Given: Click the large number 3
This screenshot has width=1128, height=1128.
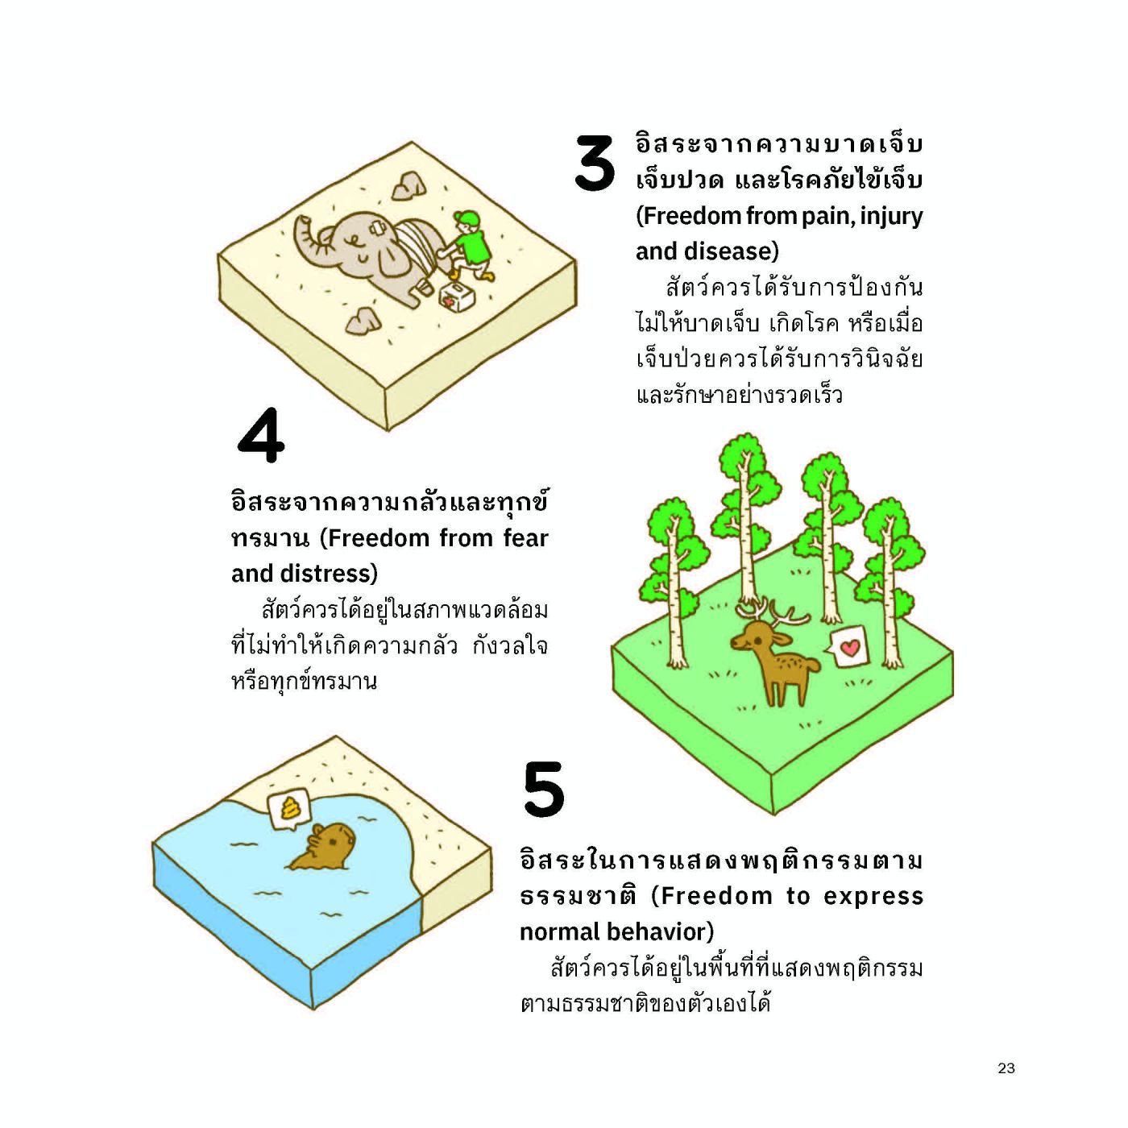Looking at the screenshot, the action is click(595, 163).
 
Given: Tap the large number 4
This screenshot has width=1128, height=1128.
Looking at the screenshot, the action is click(261, 436).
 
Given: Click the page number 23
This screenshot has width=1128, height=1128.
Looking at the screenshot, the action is click(1006, 1068).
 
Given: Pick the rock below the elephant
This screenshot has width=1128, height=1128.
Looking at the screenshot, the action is click(363, 321).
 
